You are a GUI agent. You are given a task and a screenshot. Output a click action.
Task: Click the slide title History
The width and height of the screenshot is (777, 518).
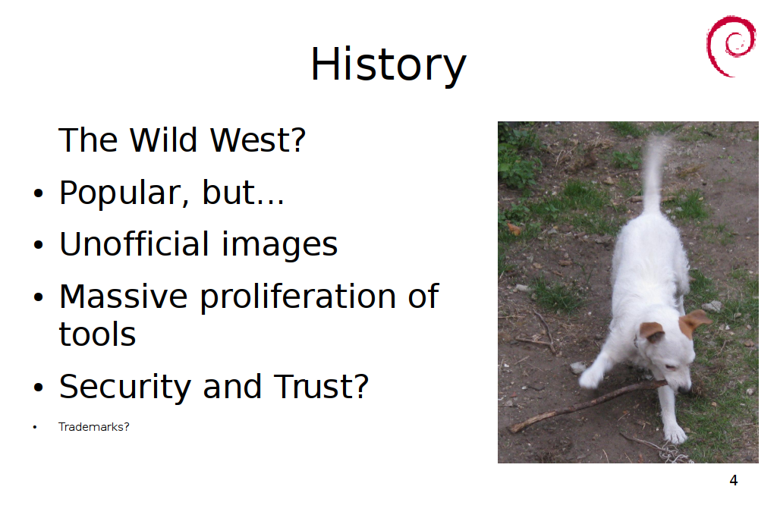(388, 65)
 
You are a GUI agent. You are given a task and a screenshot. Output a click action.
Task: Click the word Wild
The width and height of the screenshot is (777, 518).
(164, 140)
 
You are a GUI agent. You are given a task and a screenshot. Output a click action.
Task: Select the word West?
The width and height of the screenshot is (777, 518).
(258, 140)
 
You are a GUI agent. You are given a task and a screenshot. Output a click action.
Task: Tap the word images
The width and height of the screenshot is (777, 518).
(279, 245)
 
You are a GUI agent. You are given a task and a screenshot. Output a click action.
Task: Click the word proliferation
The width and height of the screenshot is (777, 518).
(297, 297)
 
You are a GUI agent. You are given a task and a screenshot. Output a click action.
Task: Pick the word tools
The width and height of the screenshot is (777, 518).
(97, 334)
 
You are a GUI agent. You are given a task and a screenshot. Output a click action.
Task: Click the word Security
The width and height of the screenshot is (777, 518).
(125, 388)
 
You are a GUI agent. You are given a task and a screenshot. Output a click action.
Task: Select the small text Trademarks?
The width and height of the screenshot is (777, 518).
(93, 427)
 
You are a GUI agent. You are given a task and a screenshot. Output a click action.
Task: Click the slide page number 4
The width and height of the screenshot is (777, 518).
(734, 480)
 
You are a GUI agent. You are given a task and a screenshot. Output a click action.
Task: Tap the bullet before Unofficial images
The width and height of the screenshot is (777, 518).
(38, 245)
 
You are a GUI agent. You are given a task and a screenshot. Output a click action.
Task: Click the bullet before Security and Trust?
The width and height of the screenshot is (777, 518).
(38, 388)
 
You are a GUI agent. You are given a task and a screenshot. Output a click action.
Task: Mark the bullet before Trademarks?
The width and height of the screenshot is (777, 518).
(35, 428)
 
